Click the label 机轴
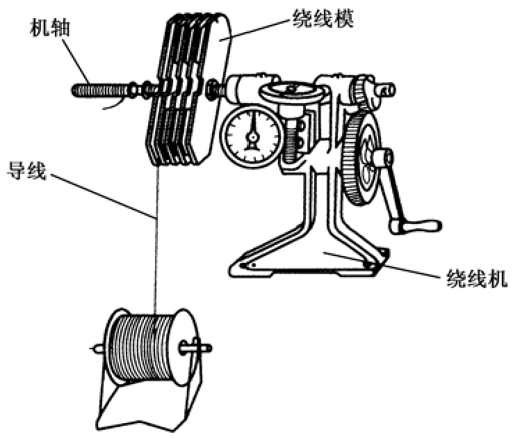[49, 29]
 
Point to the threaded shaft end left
[97, 89]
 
